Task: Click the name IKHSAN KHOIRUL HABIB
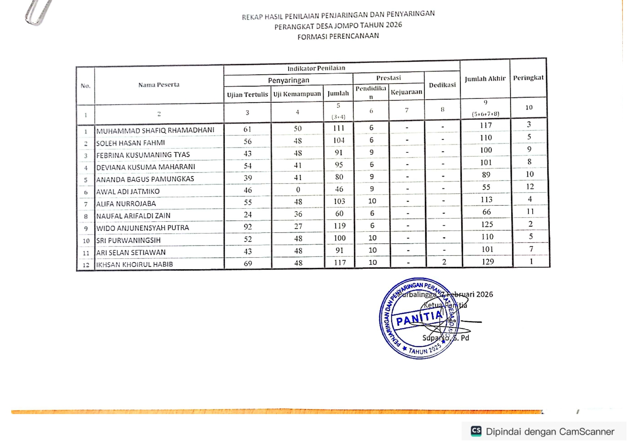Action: [134, 264]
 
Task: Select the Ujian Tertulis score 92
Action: [247, 227]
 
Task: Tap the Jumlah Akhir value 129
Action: [487, 262]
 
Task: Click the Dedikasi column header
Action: [442, 85]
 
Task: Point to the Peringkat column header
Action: [528, 78]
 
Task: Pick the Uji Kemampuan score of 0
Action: [298, 190]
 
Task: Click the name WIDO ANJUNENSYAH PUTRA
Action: [142, 228]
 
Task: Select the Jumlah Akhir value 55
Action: [486, 187]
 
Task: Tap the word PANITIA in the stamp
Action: [419, 319]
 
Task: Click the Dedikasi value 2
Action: [444, 262]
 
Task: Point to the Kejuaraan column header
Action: [406, 92]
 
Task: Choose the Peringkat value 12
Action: [530, 186]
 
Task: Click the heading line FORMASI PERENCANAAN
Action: [338, 36]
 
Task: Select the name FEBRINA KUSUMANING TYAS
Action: [143, 155]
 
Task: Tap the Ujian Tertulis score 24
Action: [247, 215]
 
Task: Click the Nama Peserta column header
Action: [159, 85]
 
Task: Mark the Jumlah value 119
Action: [339, 226]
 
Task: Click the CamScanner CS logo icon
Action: [476, 431]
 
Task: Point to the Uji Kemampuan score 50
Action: [298, 129]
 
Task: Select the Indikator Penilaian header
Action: [316, 68]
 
